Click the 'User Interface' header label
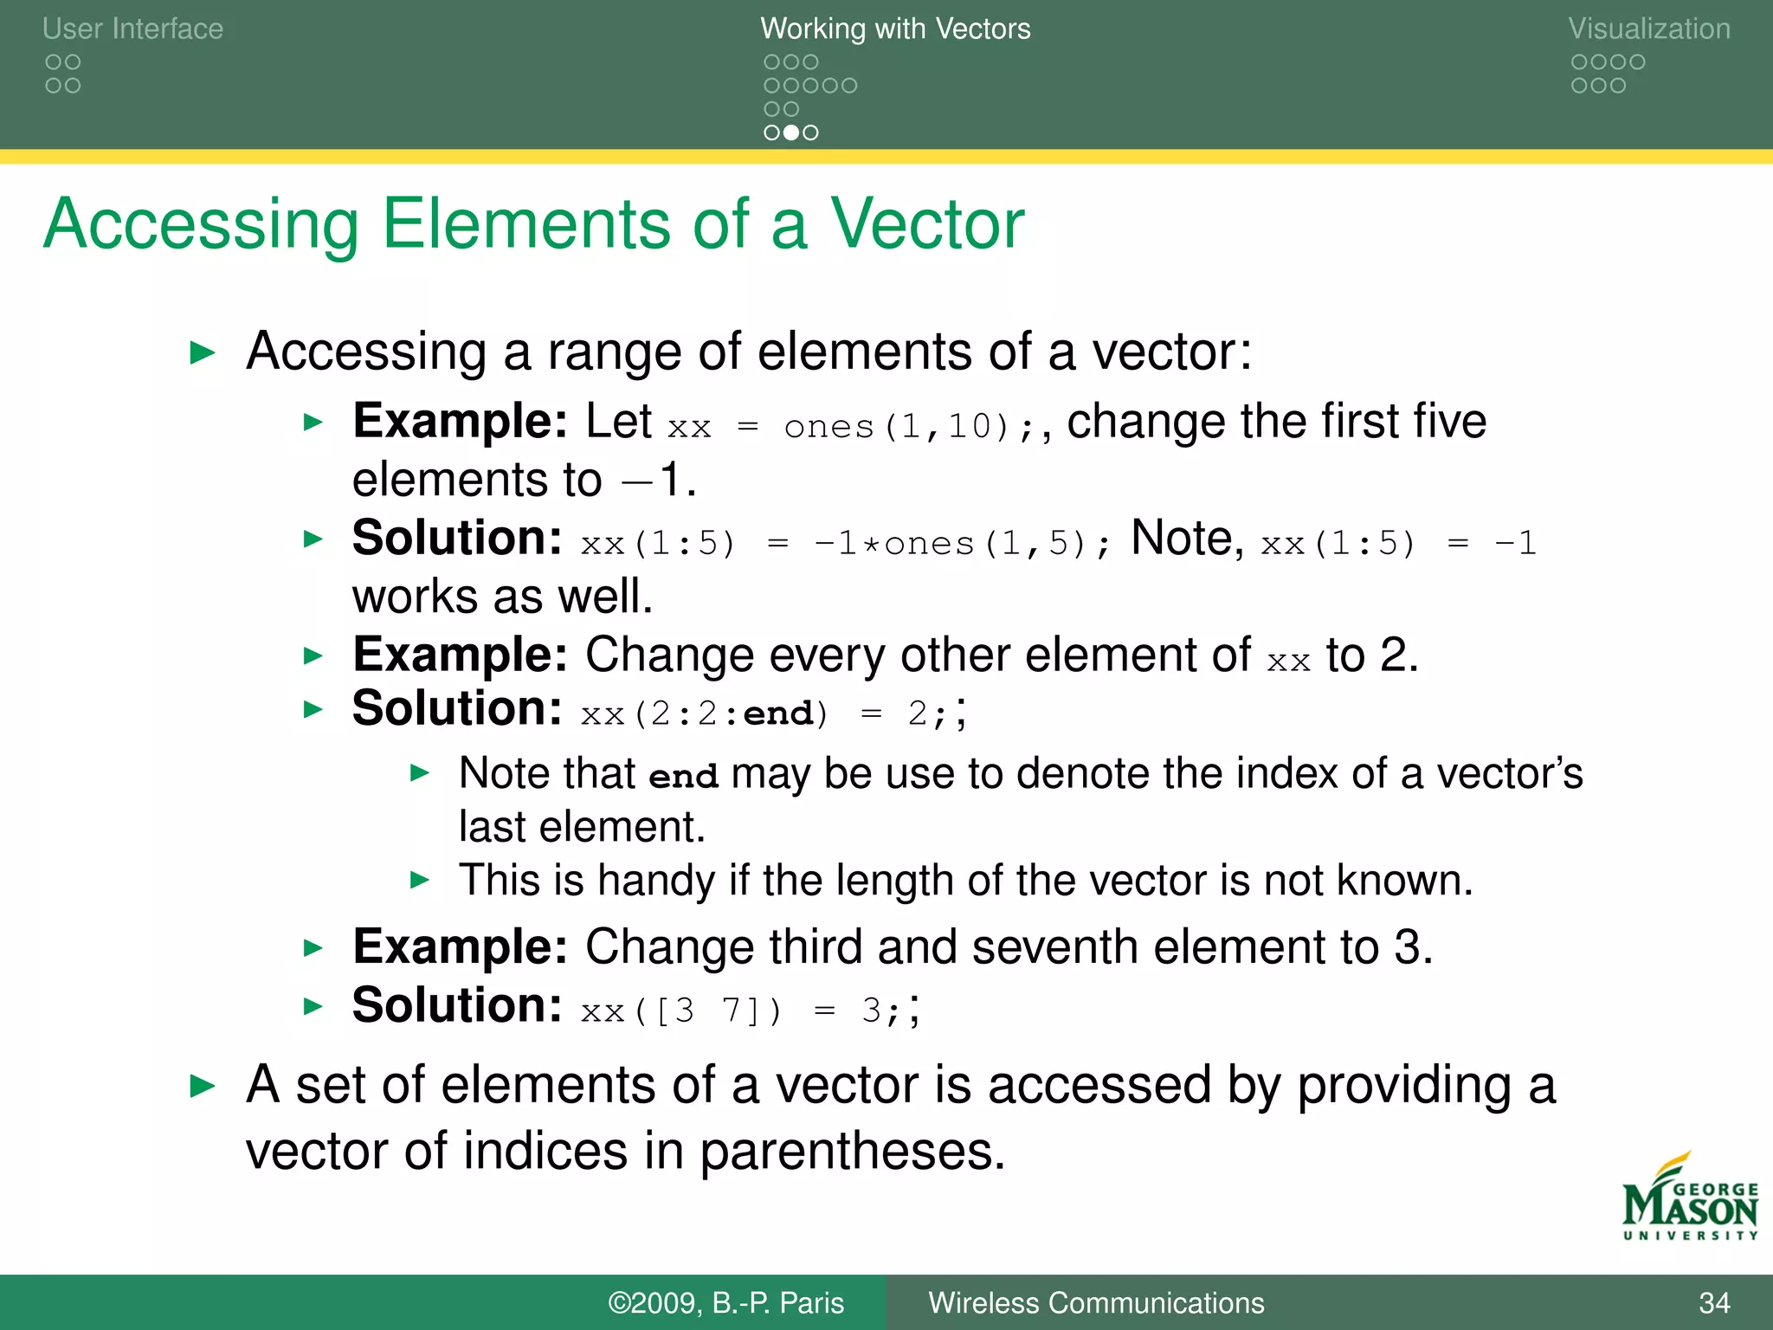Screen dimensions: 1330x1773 (132, 29)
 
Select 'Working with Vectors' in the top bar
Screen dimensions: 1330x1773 (895, 29)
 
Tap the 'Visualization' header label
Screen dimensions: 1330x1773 (1648, 29)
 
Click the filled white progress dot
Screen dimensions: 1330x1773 (790, 132)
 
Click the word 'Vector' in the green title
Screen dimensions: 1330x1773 (927, 224)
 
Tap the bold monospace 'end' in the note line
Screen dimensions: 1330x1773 (683, 776)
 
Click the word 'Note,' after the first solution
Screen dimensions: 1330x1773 (1187, 539)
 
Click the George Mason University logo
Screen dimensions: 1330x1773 (1689, 1199)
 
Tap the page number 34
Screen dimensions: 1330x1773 (1713, 1303)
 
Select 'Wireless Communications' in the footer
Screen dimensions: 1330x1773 (1096, 1303)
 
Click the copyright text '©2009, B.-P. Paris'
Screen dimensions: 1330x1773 (725, 1303)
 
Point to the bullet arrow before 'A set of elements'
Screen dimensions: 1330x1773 (202, 1086)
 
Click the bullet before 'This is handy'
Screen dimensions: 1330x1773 (419, 881)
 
